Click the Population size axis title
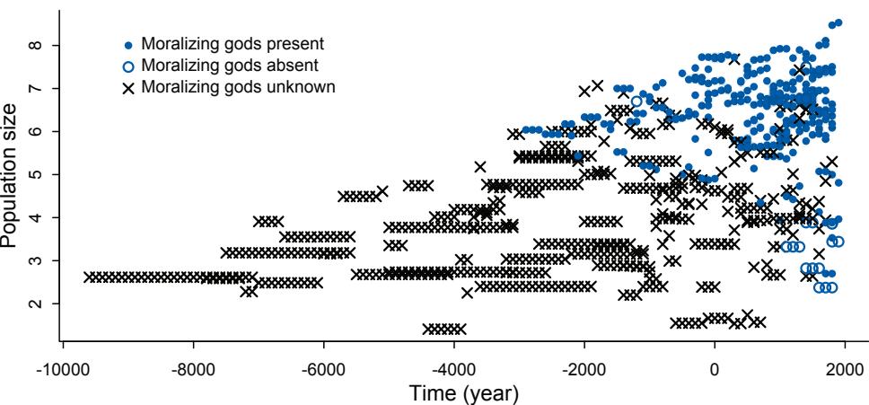point(12,180)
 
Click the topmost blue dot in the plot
point(838,23)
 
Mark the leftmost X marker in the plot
point(88,277)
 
